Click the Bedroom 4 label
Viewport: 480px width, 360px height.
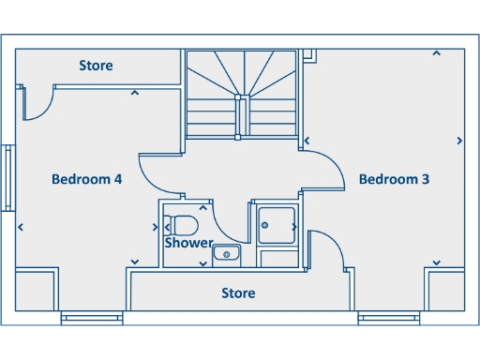(86, 179)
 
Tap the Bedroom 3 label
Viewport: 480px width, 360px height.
(394, 179)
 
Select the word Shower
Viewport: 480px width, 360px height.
(188, 243)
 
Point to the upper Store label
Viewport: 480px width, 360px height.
(96, 66)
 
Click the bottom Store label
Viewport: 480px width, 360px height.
(238, 293)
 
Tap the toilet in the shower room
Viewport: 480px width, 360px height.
(181, 226)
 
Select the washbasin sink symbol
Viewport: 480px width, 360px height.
(227, 253)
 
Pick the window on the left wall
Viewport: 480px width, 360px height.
(7, 178)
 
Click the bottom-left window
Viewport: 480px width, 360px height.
(92, 319)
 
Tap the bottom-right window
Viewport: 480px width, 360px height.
(388, 319)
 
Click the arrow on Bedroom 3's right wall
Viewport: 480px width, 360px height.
(459, 141)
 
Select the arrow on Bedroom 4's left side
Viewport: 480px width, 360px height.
(21, 227)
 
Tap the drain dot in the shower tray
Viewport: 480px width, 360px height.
(265, 225)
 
